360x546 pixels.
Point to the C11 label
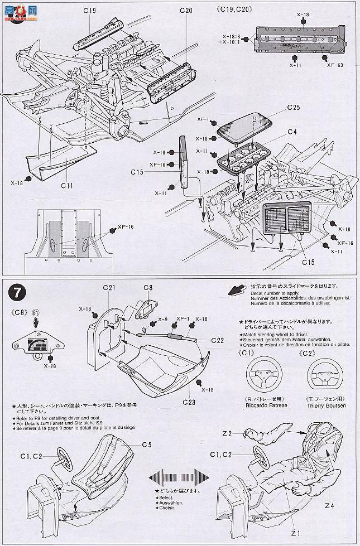click(68, 186)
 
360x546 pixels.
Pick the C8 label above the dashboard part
click(147, 288)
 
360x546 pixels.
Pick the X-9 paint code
click(162, 319)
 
